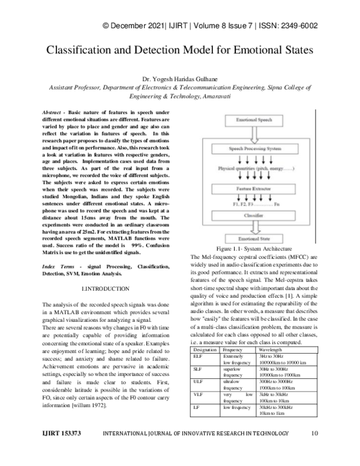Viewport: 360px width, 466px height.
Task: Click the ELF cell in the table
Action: coord(197,356)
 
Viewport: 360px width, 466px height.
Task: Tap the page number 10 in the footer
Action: coord(315,450)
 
